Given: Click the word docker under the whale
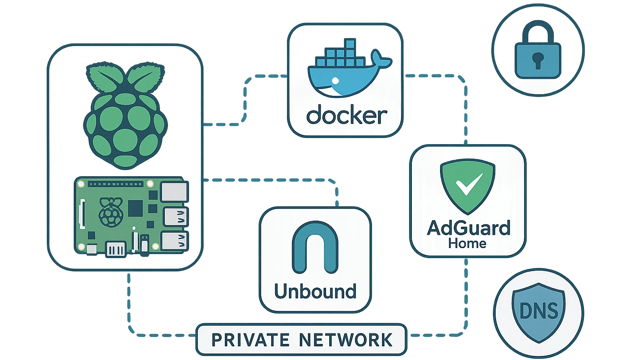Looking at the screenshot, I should (347, 116).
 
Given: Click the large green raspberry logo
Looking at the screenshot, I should (125, 121).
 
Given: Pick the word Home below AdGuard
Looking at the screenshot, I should (467, 244).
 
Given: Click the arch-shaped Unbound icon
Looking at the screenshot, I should (314, 250).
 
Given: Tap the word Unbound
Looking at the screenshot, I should (315, 291).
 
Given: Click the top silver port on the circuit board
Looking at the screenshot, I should (174, 191).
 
